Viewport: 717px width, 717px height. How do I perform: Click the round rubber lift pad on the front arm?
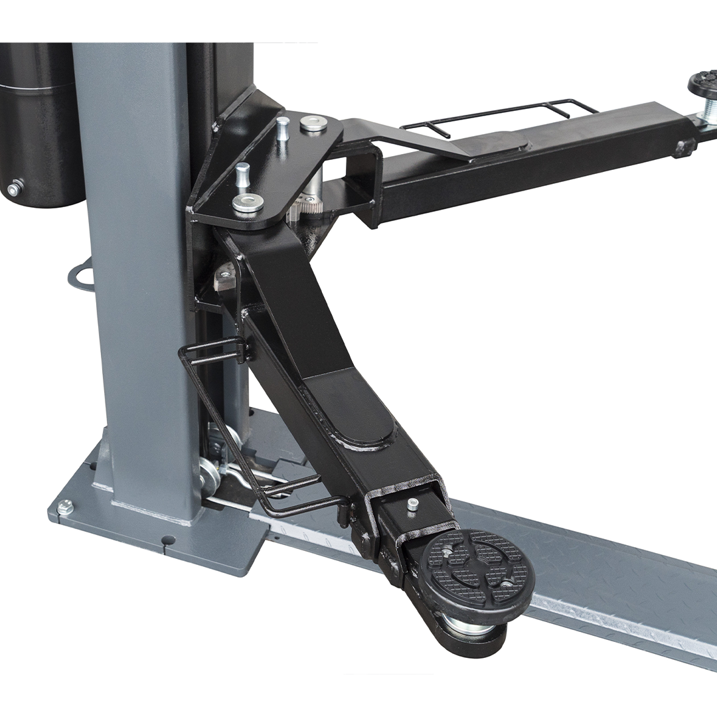(x=477, y=566)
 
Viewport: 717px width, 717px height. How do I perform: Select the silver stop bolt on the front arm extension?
(x=412, y=504)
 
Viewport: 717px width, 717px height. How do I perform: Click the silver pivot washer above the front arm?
(x=248, y=202)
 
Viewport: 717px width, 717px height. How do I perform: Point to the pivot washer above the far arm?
(x=313, y=123)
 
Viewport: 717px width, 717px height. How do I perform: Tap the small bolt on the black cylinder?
(x=13, y=189)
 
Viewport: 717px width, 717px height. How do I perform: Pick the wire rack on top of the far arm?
(x=498, y=116)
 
